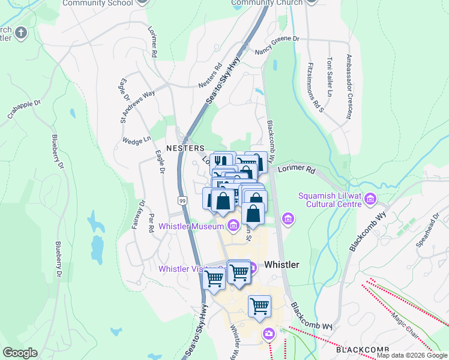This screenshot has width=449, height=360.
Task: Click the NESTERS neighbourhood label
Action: (x=185, y=148)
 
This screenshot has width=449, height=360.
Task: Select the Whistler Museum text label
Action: (x=191, y=226)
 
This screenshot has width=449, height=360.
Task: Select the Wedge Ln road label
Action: (x=136, y=140)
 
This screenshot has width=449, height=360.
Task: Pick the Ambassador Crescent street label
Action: (x=349, y=86)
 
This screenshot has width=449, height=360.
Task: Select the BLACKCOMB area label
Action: (x=363, y=350)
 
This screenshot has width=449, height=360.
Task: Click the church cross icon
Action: (x=20, y=32)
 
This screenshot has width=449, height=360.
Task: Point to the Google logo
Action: (x=20, y=353)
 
